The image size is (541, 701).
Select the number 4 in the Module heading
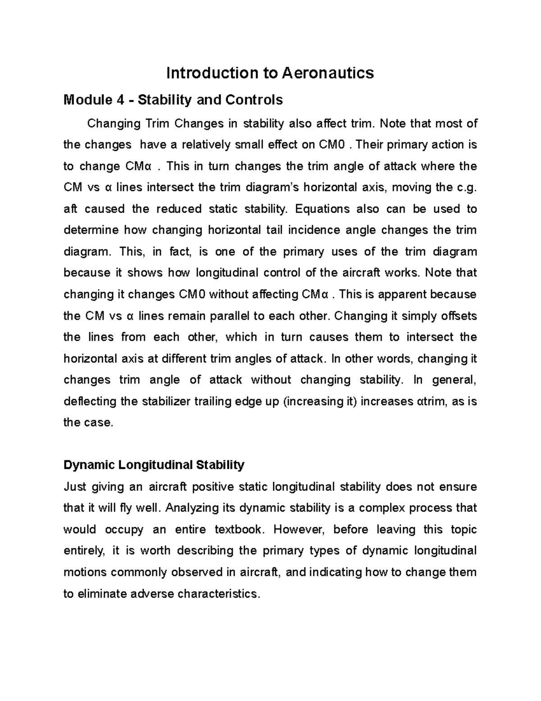pyautogui.click(x=120, y=100)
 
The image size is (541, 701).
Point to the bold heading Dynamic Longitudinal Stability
pyautogui.click(x=154, y=465)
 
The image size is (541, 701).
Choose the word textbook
pyautogui.click(x=238, y=529)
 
